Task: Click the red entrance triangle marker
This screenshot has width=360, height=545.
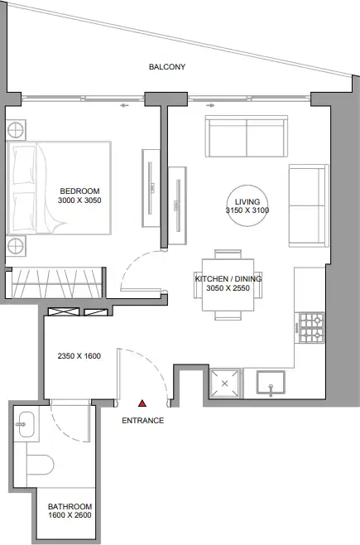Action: pos(142,403)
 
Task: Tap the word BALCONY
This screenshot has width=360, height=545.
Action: pos(167,67)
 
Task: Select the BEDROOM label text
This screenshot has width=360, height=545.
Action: pos(79,191)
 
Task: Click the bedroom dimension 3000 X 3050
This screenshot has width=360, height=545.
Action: pos(79,200)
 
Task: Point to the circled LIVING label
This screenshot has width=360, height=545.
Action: pos(247,201)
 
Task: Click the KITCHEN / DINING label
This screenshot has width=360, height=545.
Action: pos(228,279)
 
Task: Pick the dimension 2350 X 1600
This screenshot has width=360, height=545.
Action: pos(79,356)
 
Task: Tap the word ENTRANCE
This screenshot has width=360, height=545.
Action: pos(142,421)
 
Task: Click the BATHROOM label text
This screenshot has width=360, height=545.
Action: pos(70,506)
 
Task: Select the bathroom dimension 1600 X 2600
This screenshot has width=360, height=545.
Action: pos(70,515)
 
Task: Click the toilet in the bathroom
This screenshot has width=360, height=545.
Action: pos(41,465)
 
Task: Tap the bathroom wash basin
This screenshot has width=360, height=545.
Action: pos(26,424)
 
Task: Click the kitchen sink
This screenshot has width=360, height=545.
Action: pos(271,383)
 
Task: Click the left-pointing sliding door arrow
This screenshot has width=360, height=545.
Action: pos(125,105)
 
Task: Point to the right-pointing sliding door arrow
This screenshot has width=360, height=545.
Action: pos(210,105)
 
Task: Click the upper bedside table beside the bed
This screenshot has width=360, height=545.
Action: pos(16,131)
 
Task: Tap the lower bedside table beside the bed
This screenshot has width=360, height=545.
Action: pos(16,246)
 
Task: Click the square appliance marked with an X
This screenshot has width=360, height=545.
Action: pos(224,383)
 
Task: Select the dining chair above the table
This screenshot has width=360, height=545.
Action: pos(228,254)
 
